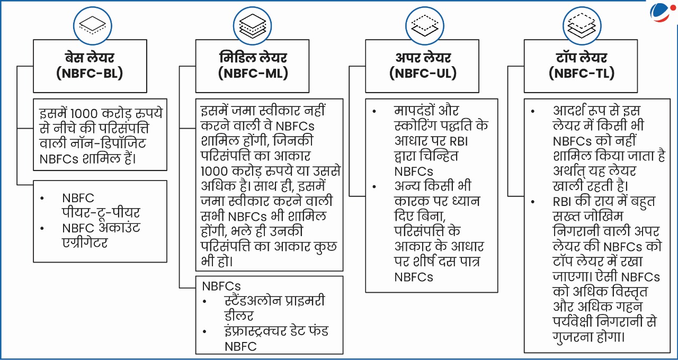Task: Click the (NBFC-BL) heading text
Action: (90, 74)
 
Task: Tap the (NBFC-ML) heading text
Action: (253, 74)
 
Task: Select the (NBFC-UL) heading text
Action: (423, 74)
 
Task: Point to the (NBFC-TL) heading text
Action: (582, 74)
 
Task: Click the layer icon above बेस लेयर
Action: (93, 26)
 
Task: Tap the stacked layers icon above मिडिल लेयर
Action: (253, 26)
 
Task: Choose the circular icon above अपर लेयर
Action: (425, 26)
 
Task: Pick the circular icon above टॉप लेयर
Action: (582, 26)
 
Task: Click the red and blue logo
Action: (662, 12)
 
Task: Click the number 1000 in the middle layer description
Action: (215, 172)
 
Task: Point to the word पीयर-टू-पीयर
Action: (101, 213)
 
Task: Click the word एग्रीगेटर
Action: (85, 243)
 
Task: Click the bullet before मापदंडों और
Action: (374, 111)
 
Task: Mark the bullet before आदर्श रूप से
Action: (533, 111)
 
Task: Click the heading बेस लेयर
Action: (90, 58)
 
